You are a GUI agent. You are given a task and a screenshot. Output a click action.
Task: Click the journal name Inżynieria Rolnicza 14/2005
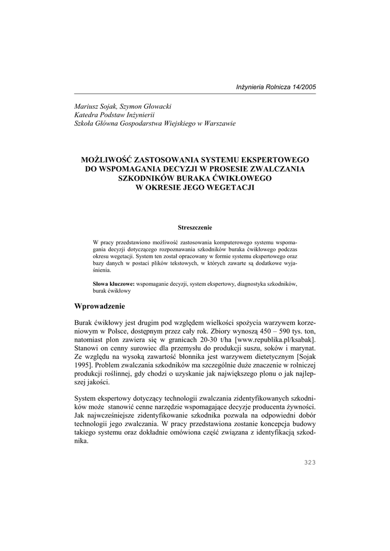[x=276, y=87]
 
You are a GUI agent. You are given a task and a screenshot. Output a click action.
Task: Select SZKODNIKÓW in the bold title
[x=141, y=178]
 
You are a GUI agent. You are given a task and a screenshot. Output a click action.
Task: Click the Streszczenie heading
[x=195, y=228]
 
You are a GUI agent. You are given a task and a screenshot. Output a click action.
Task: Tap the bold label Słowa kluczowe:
[x=114, y=282]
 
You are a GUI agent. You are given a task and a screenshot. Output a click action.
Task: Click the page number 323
[x=310, y=462]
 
